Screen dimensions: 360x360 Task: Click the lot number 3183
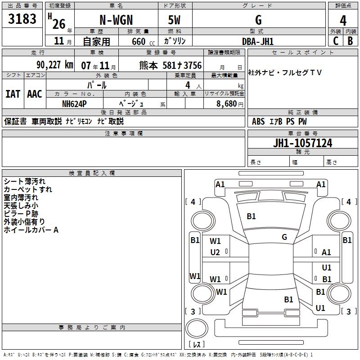tap(22, 19)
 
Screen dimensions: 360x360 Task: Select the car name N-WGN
tap(116, 20)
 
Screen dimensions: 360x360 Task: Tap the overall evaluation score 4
tap(343, 20)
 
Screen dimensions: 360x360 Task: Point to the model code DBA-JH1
tap(258, 41)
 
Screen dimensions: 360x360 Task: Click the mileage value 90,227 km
tap(55, 65)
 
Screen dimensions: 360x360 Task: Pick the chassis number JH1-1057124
tap(302, 143)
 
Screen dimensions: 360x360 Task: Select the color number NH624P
tap(74, 104)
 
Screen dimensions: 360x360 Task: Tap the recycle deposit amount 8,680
tap(226, 104)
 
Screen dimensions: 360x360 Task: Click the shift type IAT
tap(13, 94)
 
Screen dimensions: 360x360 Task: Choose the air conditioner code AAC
tap(35, 94)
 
